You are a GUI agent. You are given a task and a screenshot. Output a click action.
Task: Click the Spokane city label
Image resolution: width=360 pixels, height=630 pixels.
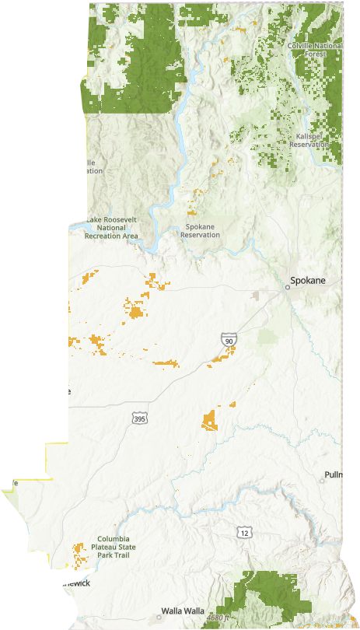tap(309, 280)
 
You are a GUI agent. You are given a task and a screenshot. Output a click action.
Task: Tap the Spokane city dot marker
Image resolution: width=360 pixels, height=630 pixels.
tap(287, 287)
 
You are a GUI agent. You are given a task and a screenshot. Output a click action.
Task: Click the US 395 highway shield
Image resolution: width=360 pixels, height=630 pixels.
tap(138, 419)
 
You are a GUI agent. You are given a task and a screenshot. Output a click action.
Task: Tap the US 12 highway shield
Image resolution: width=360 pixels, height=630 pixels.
tap(245, 532)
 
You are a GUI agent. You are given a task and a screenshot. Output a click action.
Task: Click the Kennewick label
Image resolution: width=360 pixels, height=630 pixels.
tap(70, 583)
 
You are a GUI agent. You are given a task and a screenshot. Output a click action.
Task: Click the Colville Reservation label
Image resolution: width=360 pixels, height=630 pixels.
tap(82, 166)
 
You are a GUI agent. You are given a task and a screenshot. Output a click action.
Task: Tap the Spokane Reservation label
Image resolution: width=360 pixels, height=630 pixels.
tap(201, 231)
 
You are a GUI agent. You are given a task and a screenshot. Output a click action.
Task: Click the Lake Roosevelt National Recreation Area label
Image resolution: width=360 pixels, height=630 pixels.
tap(111, 227)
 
